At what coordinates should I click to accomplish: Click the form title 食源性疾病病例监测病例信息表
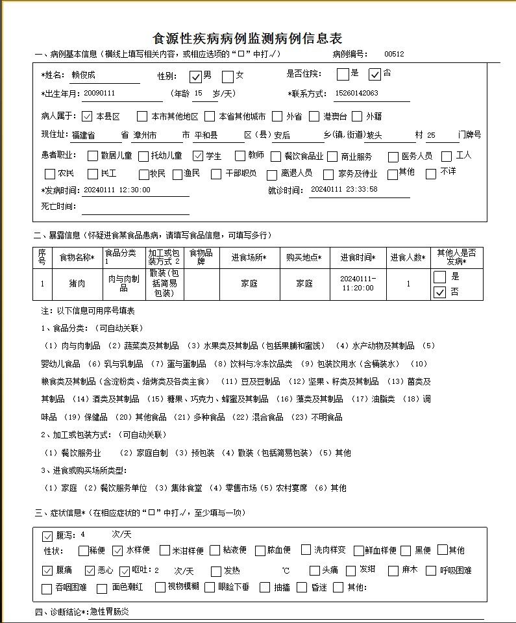(247, 38)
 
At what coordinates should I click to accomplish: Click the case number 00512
(394, 54)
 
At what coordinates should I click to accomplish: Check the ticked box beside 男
(195, 76)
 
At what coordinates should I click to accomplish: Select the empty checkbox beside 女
(228, 76)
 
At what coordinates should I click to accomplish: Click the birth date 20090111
(99, 94)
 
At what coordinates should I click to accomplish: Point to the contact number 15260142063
(356, 94)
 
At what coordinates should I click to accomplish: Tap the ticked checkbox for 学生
(199, 156)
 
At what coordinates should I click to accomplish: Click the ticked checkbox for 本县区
(88, 117)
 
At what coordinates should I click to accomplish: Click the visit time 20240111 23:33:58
(344, 190)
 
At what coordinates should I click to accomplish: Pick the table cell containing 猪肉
(77, 284)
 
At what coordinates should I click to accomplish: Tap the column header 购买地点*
(304, 258)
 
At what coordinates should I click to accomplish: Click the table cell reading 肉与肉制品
(123, 284)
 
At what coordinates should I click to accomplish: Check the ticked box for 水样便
(117, 551)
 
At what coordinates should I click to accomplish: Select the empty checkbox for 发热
(216, 571)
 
